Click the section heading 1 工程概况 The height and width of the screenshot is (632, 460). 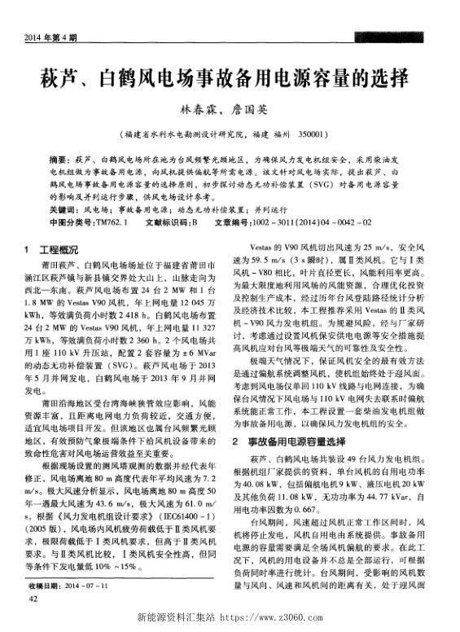(53, 249)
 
